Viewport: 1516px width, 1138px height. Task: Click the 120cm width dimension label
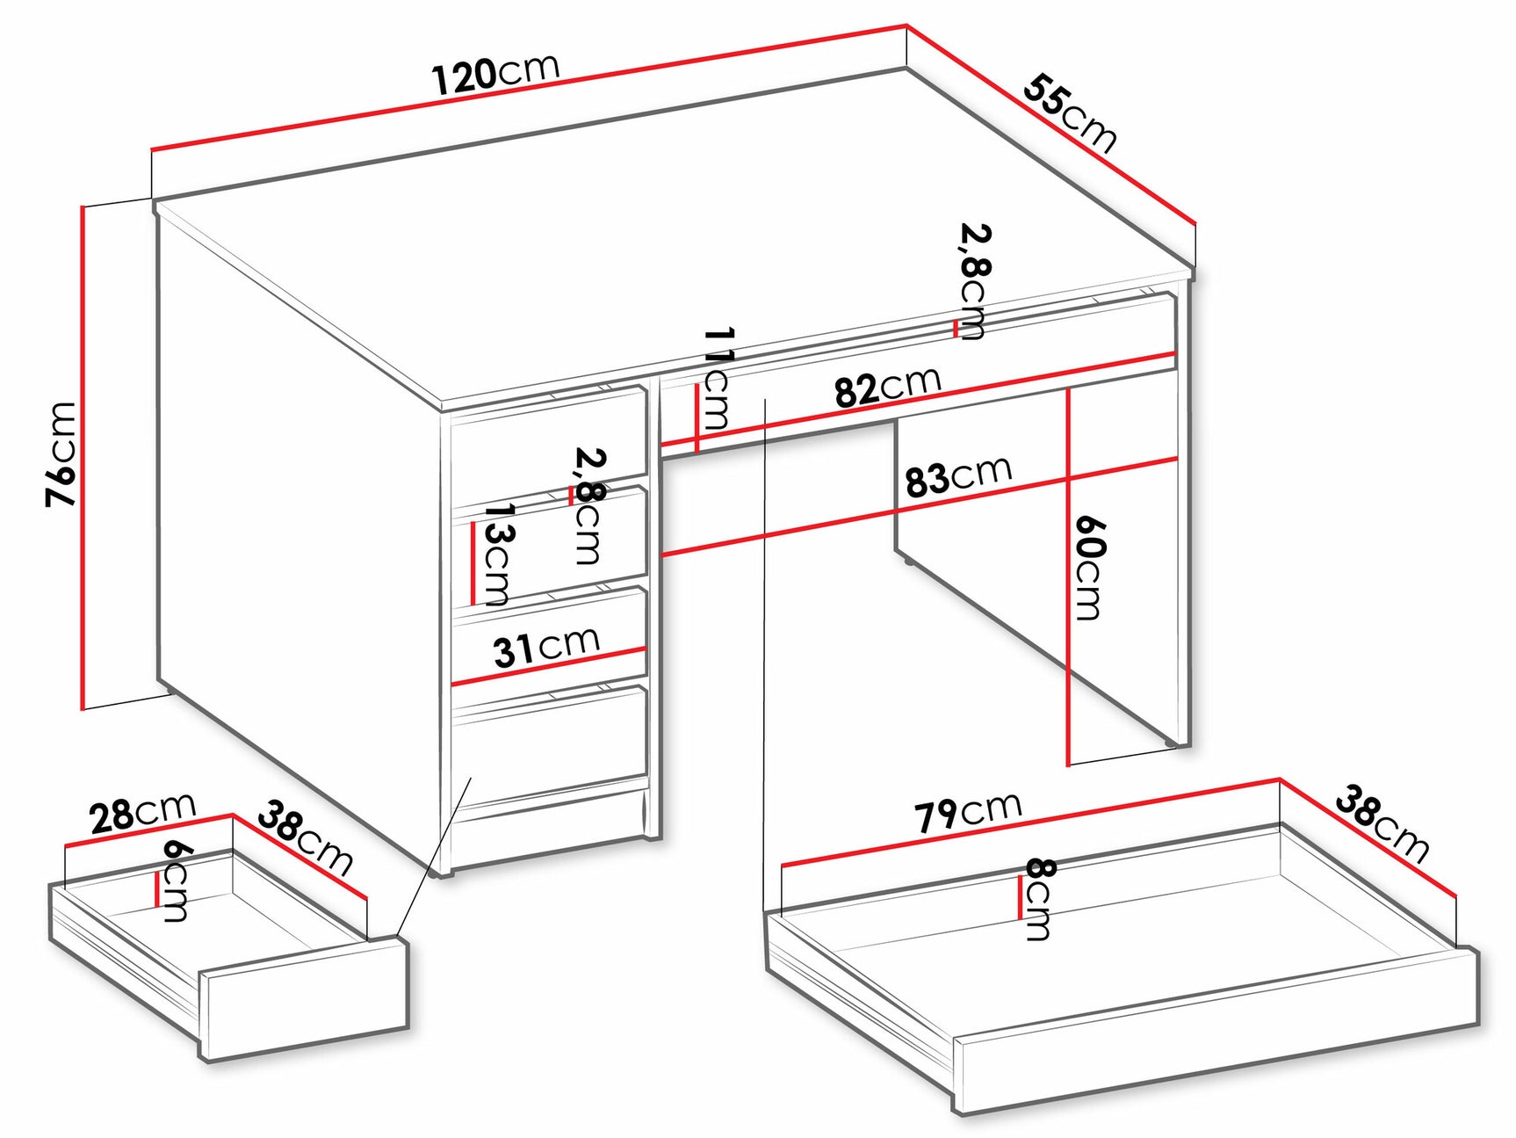pos(495,73)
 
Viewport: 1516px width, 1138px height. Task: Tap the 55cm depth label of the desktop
pos(1070,113)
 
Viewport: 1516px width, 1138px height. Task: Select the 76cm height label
pos(61,453)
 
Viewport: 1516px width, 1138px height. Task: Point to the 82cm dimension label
pos(887,387)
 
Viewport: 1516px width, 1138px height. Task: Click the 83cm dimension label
pos(958,476)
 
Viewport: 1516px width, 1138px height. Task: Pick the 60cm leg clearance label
pos(1089,568)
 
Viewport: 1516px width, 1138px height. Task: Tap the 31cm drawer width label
pos(545,647)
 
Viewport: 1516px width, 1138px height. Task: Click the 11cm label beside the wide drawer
pos(718,378)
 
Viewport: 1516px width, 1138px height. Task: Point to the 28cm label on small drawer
pos(142,812)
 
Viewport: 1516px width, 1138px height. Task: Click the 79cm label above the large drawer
pos(968,811)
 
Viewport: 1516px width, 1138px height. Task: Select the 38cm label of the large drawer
pos(1382,824)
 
